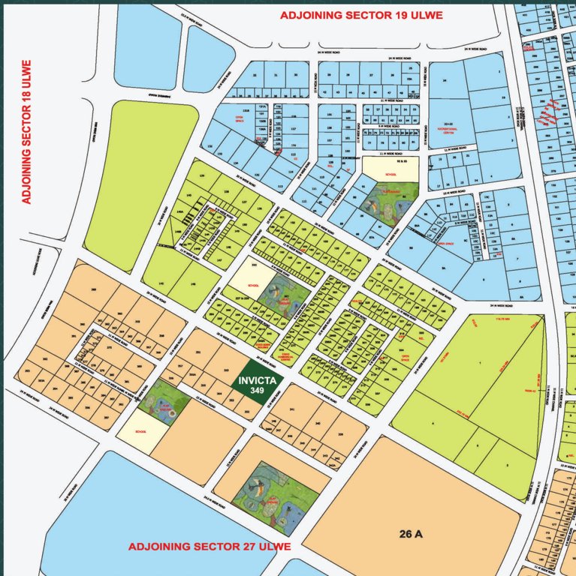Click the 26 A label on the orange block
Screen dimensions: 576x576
[x=414, y=532]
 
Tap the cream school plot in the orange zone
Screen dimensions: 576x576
[x=139, y=433]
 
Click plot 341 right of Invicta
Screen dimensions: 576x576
[x=291, y=410]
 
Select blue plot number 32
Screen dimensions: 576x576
[x=255, y=76]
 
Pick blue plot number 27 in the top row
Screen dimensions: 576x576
[x=370, y=76]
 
